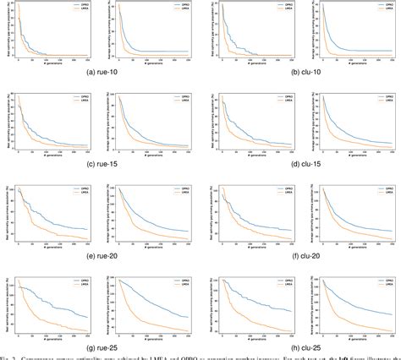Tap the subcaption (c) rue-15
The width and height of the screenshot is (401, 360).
click(x=99, y=162)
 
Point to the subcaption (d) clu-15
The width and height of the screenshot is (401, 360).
click(x=301, y=162)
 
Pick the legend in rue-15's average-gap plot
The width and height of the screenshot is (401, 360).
click(x=182, y=99)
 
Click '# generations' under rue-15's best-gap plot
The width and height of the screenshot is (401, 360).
click(x=52, y=153)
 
